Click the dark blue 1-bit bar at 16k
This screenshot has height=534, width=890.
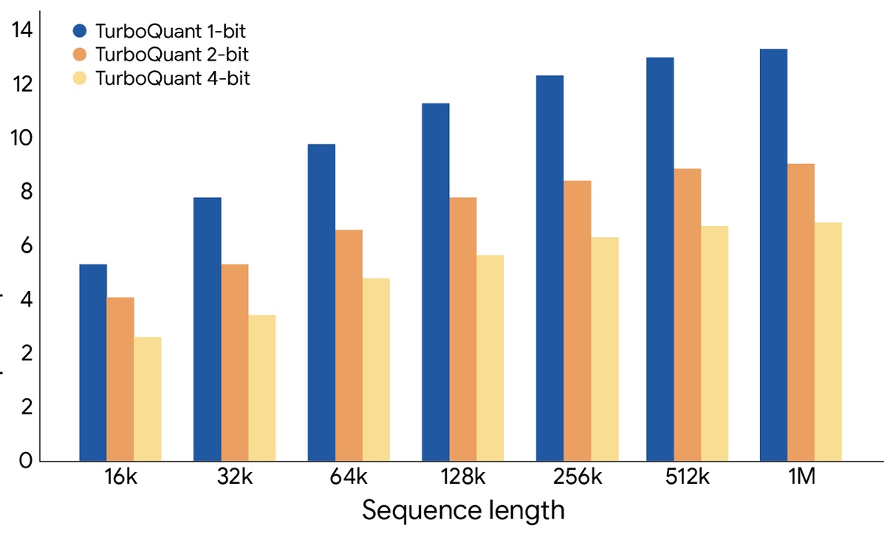[93, 363]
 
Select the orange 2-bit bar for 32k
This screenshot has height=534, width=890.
[235, 363]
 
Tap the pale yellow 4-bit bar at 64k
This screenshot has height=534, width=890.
[376, 369]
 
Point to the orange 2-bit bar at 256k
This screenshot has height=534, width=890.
[577, 321]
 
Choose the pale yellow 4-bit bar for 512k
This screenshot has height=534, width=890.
[714, 343]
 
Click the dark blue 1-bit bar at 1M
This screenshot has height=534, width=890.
[773, 255]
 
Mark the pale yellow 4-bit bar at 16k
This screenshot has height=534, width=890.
[148, 399]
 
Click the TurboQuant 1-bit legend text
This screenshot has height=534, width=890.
[171, 31]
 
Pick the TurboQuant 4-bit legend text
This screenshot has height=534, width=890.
[172, 78]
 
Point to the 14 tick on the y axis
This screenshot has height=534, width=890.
[23, 30]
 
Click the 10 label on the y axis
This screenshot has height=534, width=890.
[23, 138]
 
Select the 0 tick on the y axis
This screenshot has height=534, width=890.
[27, 462]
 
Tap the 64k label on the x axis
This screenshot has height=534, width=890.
[347, 478]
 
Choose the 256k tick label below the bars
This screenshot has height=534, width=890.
[577, 478]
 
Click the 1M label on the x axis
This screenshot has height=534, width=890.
[801, 478]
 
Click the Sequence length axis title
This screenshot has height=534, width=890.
[464, 510]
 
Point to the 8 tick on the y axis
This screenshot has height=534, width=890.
[27, 192]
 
